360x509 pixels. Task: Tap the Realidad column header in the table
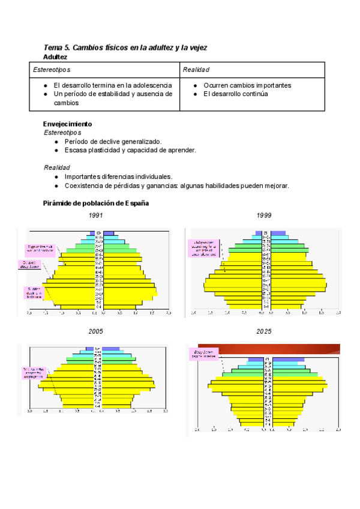196,70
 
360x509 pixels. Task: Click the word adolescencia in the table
152,85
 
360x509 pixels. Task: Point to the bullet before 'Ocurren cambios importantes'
196,85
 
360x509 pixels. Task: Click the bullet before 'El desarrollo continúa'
196,94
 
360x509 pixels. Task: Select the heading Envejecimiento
68,124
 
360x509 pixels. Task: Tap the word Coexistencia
86,185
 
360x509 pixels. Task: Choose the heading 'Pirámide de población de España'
96,203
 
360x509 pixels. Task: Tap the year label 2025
264,331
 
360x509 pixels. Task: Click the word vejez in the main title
197,47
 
